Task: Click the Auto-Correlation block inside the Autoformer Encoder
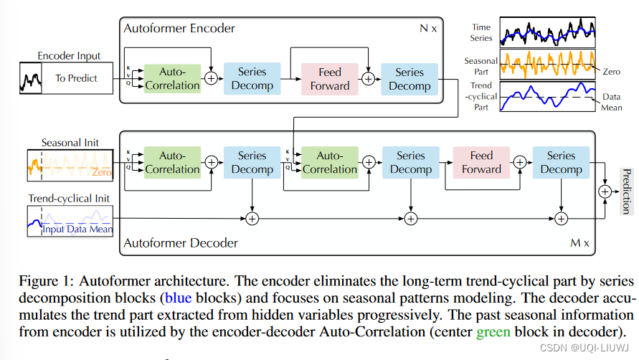[x=172, y=79]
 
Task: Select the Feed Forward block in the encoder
[x=329, y=79]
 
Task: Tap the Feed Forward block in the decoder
[x=481, y=162]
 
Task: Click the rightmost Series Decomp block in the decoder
[x=561, y=162]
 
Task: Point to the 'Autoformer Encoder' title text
[x=179, y=29]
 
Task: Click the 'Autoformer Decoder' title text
[x=181, y=243]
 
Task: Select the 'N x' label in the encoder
[x=427, y=29]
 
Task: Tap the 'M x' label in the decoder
[x=579, y=243]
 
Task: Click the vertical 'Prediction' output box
[x=625, y=191]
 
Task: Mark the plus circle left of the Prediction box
[x=605, y=191]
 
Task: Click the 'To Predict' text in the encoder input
[x=76, y=78]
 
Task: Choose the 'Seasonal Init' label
[x=70, y=143]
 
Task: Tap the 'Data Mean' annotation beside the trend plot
[x=612, y=102]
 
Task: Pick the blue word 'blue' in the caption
[x=176, y=297]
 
